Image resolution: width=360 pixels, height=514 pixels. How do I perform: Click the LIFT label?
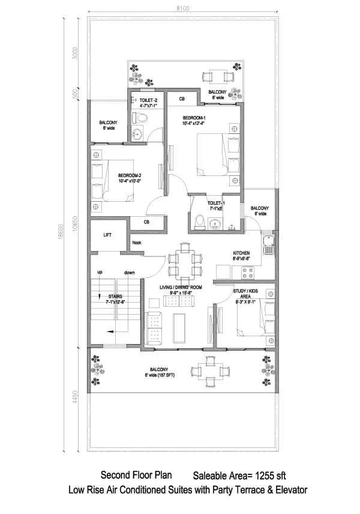tap(107, 235)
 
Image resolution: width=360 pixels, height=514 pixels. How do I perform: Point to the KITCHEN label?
tap(241, 253)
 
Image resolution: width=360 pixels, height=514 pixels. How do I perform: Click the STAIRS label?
tap(116, 296)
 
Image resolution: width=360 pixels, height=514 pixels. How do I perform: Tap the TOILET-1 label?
tap(216, 204)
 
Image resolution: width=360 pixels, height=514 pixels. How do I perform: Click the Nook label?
tap(137, 243)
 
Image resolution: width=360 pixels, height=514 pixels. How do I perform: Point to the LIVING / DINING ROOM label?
tap(181, 287)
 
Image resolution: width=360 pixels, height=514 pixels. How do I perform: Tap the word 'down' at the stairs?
tap(129, 273)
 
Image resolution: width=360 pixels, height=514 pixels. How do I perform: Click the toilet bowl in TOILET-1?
tap(200, 223)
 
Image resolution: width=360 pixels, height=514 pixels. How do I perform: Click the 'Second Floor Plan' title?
tap(139, 474)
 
